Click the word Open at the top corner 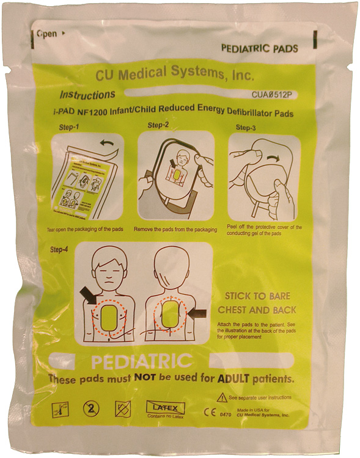pos(46,34)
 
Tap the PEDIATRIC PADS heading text pos(260,49)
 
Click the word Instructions pos(87,95)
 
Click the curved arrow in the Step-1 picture pos(108,144)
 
